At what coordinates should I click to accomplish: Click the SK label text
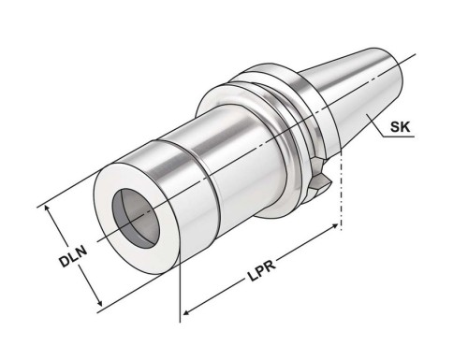click(x=401, y=127)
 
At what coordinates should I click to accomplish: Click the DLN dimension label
click(x=73, y=256)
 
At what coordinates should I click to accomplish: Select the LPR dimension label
click(x=261, y=271)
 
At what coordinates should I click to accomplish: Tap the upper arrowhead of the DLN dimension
click(x=47, y=209)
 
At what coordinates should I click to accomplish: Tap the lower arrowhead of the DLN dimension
click(x=99, y=302)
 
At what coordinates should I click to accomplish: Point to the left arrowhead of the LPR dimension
click(x=186, y=312)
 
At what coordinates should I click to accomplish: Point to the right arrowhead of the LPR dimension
click(x=334, y=226)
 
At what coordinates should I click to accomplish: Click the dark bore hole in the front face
click(x=136, y=218)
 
